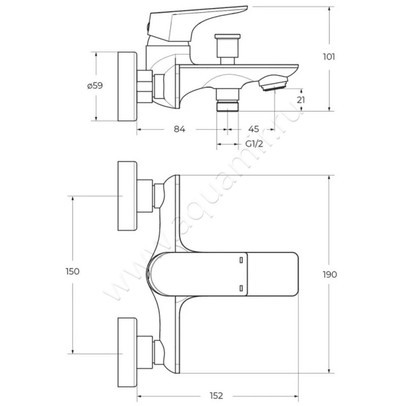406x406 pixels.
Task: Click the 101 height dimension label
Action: pyautogui.click(x=329, y=56)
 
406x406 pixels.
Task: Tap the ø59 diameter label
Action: pyautogui.click(x=95, y=85)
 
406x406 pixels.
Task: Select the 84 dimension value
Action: pyautogui.click(x=180, y=129)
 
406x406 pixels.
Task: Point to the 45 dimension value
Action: pyautogui.click(x=253, y=129)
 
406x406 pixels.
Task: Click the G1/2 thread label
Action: pyautogui.click(x=254, y=144)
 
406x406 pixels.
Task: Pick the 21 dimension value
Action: pyautogui.click(x=301, y=99)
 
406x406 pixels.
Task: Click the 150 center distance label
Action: pyautogui.click(x=73, y=272)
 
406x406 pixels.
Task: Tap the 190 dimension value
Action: pyautogui.click(x=330, y=275)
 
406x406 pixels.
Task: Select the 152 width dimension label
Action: pyautogui.click(x=216, y=396)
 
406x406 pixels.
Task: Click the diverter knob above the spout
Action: pyautogui.click(x=227, y=49)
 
